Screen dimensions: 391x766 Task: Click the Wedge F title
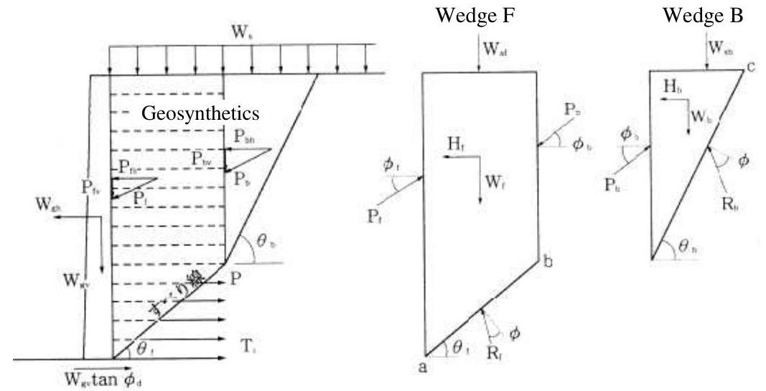(476, 15)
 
